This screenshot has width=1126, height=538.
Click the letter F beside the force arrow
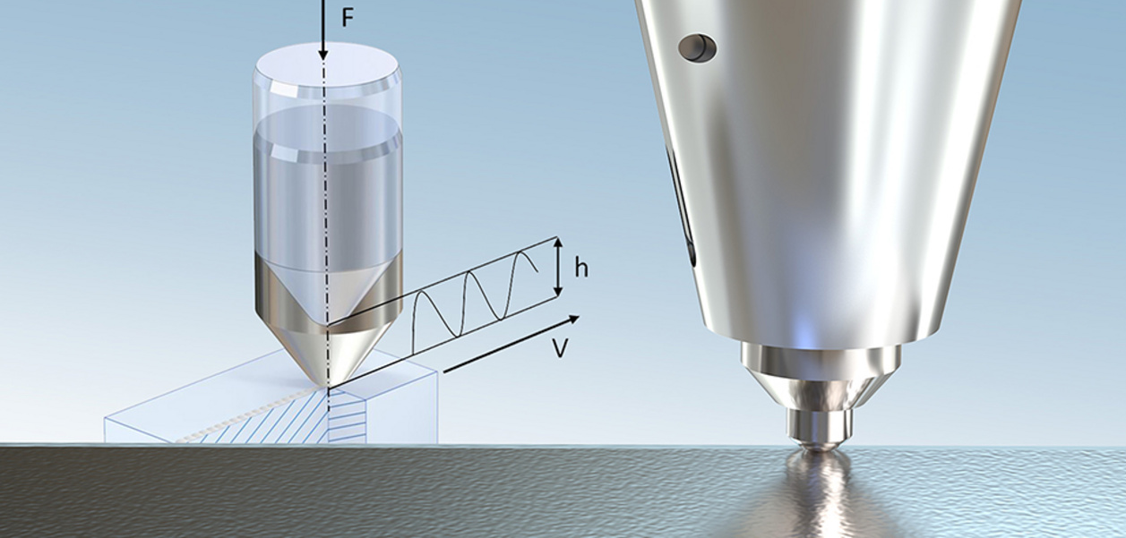(348, 18)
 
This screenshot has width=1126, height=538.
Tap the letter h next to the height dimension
(581, 269)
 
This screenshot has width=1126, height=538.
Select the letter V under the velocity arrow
(561, 348)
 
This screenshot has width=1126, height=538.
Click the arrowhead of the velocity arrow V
(573, 320)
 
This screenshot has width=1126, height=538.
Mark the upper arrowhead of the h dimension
(557, 243)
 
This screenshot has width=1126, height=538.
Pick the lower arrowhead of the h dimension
(557, 291)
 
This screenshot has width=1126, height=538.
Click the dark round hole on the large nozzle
(697, 47)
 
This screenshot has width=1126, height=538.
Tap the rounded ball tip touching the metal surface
(819, 445)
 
